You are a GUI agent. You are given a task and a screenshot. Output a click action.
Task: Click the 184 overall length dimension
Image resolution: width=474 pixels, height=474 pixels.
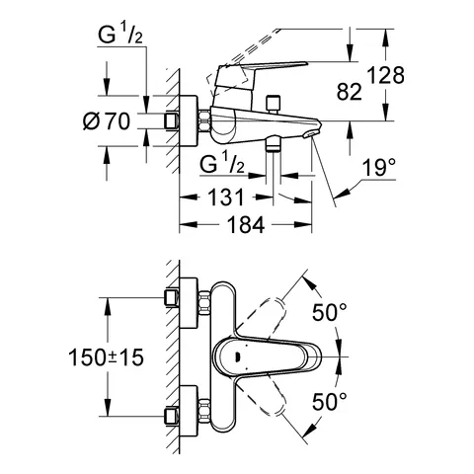[238, 226]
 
